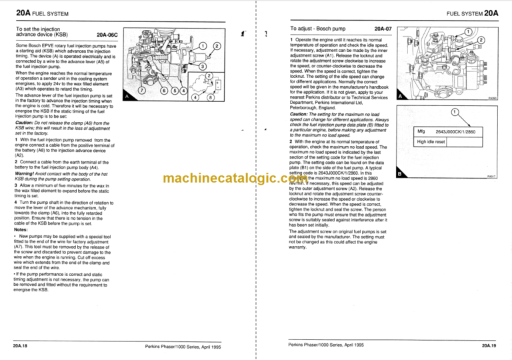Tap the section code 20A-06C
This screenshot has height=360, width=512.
pos(107,33)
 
